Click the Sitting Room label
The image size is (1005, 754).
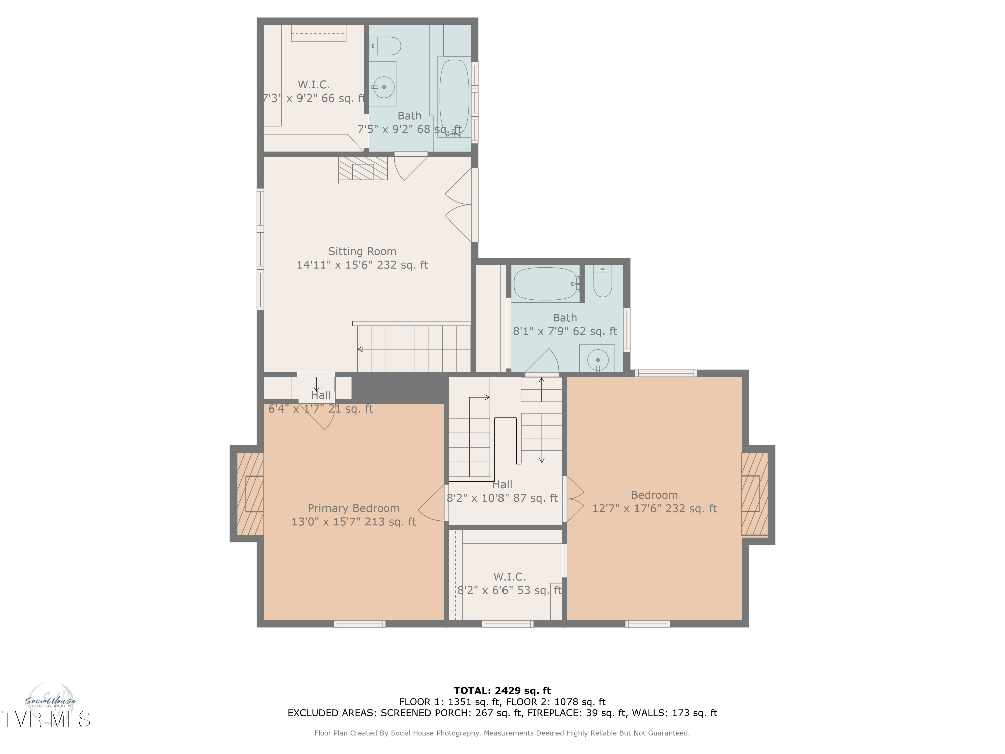(362, 251)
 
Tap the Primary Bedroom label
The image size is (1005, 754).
(353, 508)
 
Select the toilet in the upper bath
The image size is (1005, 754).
(385, 46)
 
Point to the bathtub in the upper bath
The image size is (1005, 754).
(454, 97)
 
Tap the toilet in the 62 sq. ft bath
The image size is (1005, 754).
(602, 281)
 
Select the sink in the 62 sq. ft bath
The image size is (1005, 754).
(597, 359)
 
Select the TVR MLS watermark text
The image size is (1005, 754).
(46, 719)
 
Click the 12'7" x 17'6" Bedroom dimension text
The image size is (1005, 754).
(654, 509)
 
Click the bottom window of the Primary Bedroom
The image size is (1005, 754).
(359, 624)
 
